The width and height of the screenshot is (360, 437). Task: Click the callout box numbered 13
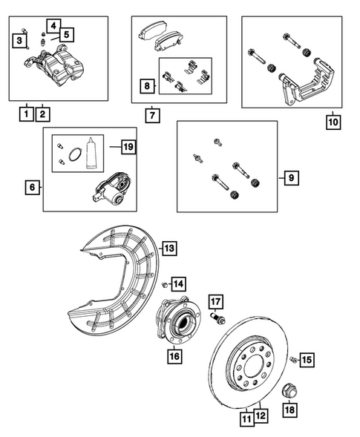click(169, 249)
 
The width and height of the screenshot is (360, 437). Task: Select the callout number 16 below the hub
click(175, 356)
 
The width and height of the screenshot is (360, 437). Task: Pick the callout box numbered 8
click(147, 88)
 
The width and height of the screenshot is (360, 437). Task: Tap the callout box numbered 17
click(215, 301)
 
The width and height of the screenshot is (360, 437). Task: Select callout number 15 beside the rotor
click(307, 360)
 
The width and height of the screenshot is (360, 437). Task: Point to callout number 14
click(179, 283)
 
